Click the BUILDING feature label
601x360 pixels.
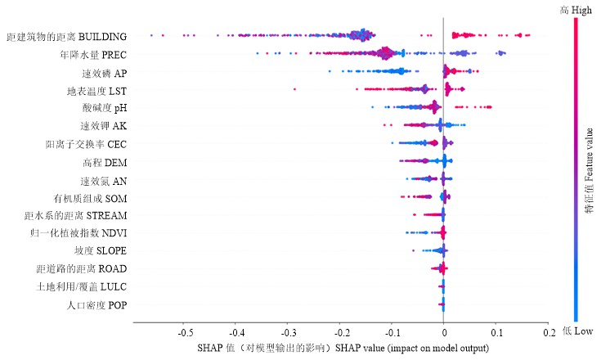pyautogui.click(x=66, y=37)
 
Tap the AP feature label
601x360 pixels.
pyautogui.click(x=104, y=73)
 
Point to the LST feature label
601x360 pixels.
pyautogui.click(x=96, y=90)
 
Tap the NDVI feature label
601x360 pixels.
pyautogui.click(x=80, y=233)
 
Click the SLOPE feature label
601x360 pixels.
pyautogui.click(x=100, y=251)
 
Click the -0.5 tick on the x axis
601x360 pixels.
pyautogui.click(x=186, y=334)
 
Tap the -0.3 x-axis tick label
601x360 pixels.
pyautogui.click(x=289, y=334)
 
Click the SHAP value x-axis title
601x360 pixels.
pyautogui.click(x=343, y=348)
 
